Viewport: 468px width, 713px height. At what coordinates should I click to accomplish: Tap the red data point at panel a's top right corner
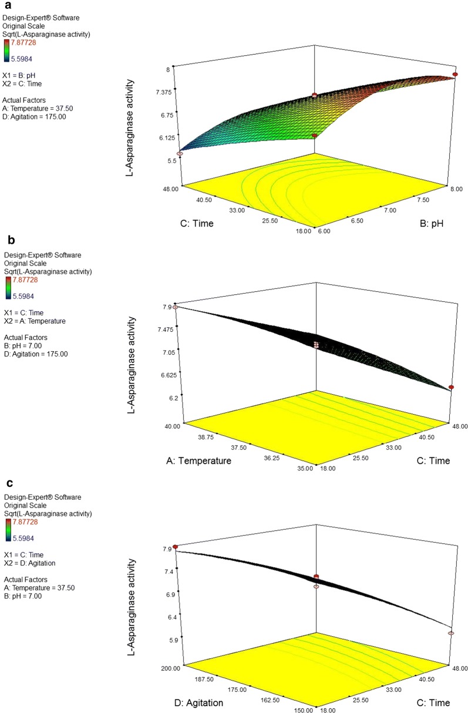[x=455, y=74]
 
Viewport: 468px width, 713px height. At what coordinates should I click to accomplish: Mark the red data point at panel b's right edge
[x=451, y=387]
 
